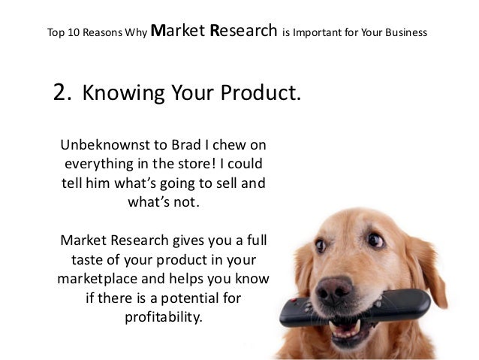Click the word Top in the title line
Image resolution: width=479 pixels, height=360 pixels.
click(x=54, y=33)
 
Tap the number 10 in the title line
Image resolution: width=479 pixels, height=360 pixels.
click(x=70, y=33)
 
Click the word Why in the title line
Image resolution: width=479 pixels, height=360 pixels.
click(x=137, y=33)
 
